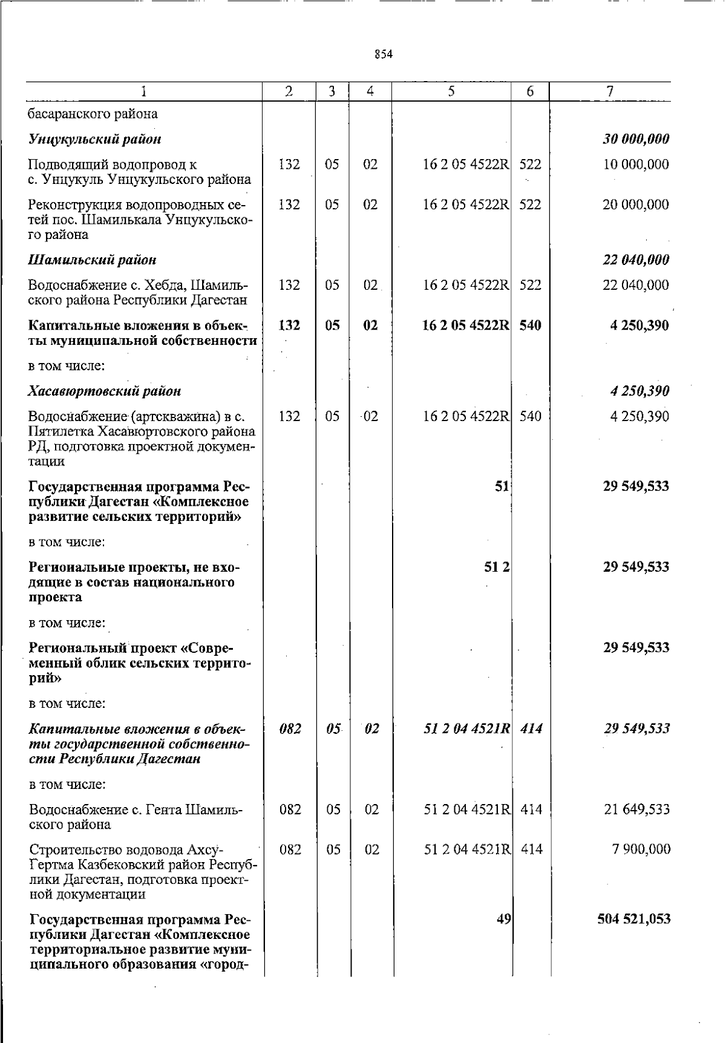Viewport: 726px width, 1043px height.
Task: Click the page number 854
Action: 384,54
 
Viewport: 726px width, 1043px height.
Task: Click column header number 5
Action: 451,91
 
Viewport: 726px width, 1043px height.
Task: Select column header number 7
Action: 610,91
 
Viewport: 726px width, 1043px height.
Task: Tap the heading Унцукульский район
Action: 95,139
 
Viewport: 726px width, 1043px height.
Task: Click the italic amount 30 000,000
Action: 636,139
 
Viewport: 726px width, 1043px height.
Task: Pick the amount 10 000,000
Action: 636,165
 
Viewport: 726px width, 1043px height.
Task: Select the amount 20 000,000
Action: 636,204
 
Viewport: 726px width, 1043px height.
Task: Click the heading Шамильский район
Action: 93,260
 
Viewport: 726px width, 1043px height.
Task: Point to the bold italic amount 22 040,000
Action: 636,260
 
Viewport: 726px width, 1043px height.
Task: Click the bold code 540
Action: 531,325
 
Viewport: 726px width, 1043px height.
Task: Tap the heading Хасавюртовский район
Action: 105,391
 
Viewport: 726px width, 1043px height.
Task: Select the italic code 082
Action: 290,729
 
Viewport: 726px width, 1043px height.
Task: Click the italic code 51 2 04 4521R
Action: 466,729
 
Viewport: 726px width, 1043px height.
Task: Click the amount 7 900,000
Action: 641,849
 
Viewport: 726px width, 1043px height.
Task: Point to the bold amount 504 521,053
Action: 633,919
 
